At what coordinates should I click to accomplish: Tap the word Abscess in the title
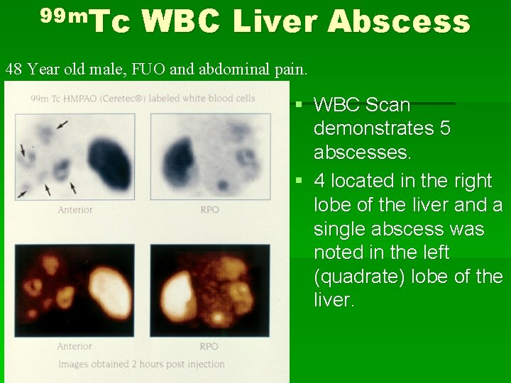(x=398, y=22)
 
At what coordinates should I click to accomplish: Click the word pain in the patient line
(x=290, y=70)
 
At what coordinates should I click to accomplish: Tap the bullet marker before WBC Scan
(x=300, y=106)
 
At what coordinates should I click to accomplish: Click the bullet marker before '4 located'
(x=300, y=182)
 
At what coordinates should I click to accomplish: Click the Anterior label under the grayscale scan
(x=75, y=210)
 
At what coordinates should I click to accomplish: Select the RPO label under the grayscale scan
(x=209, y=210)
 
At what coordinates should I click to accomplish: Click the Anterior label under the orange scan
(x=75, y=346)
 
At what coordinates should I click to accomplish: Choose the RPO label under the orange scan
(x=209, y=346)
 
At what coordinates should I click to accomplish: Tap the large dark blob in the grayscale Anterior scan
(x=109, y=163)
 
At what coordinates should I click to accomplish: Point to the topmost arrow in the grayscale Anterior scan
(x=62, y=125)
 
